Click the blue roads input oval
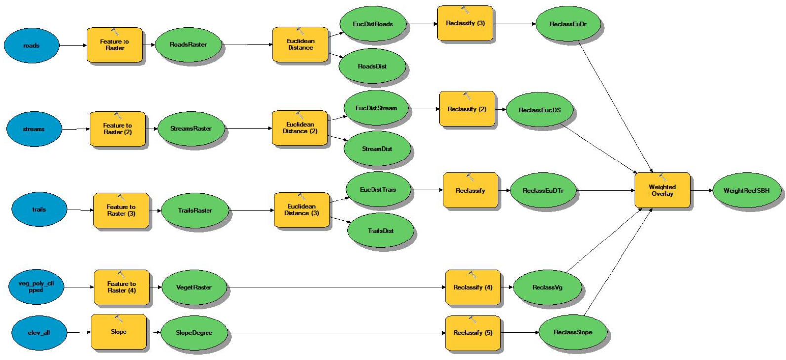pyautogui.click(x=32, y=45)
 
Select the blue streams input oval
pyautogui.click(x=34, y=129)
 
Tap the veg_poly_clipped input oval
pyautogui.click(x=36, y=287)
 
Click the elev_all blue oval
pyautogui.click(x=39, y=332)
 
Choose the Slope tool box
pyautogui.click(x=119, y=332)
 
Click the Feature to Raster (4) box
pyautogui.click(x=122, y=287)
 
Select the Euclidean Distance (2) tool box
pyautogui.click(x=300, y=128)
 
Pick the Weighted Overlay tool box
pyautogui.click(x=662, y=190)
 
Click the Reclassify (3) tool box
pyautogui.click(x=465, y=23)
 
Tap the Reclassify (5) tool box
pyautogui.click(x=473, y=333)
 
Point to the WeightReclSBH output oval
pyautogui.click(x=746, y=190)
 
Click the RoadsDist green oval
pyautogui.click(x=372, y=66)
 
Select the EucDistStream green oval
pyautogui.click(x=376, y=108)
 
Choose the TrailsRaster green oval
pyautogui.click(x=195, y=210)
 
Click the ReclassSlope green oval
pyautogui.click(x=573, y=332)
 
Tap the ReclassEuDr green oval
pyautogui.click(x=568, y=24)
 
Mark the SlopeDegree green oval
pyautogui.click(x=194, y=333)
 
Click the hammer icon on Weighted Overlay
pyautogui.click(x=662, y=177)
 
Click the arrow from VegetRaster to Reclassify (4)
pyautogui.click(x=336, y=287)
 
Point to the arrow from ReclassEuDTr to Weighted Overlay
pyautogui.click(x=605, y=190)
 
